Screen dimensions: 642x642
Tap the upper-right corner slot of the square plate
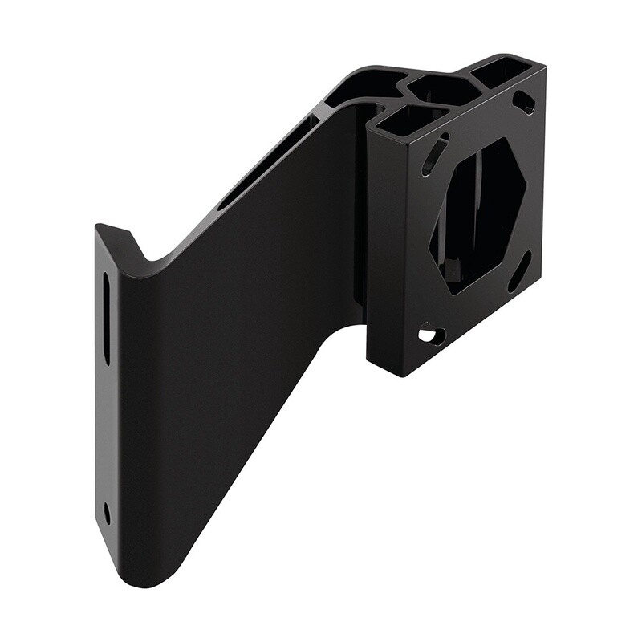click(524, 102)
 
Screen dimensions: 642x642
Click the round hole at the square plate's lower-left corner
click(431, 333)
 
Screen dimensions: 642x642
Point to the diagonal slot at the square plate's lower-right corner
click(519, 271)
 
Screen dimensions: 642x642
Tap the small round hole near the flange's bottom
click(107, 512)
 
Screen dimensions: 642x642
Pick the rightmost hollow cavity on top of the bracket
click(502, 74)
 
